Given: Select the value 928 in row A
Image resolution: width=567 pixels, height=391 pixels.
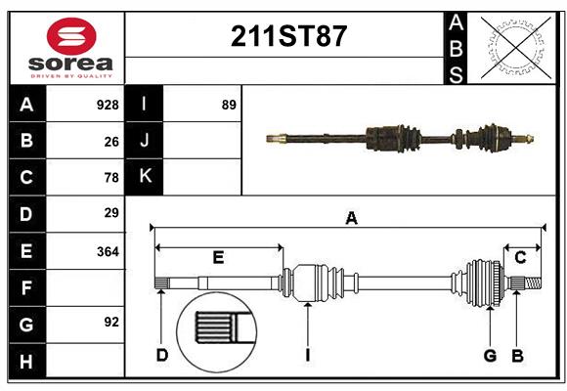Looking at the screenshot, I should click(108, 105).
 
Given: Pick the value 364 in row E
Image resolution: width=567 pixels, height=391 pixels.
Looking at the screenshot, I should click(108, 251).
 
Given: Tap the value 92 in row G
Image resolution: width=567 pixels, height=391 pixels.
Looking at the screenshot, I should click(111, 322).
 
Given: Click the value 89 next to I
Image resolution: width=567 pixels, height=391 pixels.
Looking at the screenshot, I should click(229, 105).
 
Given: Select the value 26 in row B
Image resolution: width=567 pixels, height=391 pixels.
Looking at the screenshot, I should click(111, 142).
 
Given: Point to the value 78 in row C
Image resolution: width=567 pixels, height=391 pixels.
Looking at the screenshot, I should click(111, 178).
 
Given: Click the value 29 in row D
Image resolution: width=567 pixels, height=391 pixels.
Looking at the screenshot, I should click(111, 212).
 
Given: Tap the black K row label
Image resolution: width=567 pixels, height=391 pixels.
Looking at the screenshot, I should click(145, 177).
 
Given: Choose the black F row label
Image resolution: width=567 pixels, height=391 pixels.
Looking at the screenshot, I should click(26, 287).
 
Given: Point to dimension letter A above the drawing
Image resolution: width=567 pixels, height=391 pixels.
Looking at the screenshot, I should click(351, 219).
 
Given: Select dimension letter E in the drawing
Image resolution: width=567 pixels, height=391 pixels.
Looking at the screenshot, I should click(218, 258).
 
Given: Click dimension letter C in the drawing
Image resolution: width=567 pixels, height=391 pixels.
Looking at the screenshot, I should click(521, 258).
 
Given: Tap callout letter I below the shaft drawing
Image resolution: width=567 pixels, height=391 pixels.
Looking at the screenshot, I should click(307, 355).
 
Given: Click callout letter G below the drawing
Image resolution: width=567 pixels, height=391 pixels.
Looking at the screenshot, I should click(490, 355).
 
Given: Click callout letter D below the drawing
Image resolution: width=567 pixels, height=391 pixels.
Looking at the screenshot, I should click(162, 355).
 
